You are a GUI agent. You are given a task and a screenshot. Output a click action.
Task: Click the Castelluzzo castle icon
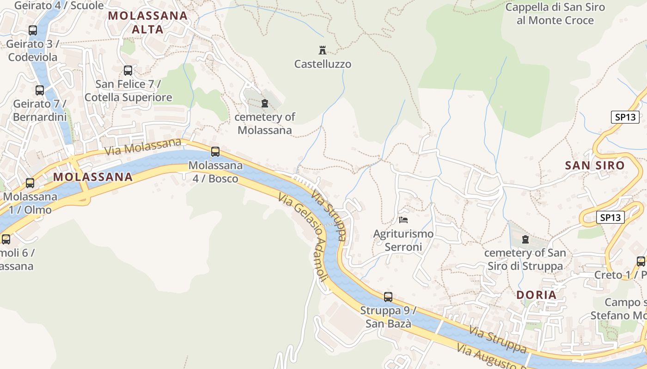[323, 50]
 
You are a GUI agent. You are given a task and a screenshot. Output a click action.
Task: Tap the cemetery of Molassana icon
[265, 103]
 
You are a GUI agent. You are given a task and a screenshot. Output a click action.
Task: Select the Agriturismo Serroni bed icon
[403, 220]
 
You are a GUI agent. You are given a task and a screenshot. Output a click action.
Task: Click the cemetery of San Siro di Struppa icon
[525, 239]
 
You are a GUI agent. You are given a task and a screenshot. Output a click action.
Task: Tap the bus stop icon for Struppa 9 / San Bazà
[388, 297]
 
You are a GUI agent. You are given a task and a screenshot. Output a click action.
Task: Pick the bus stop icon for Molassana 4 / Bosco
[215, 151]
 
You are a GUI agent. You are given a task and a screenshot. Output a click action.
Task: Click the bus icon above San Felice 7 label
[128, 71]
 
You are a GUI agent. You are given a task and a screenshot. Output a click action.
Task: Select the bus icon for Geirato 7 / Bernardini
[40, 90]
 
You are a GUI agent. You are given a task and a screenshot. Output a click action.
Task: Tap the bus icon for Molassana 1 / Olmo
[30, 183]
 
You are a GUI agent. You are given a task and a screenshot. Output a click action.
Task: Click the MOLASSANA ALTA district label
[148, 23]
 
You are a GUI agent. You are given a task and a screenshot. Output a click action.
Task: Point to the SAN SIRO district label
[595, 165]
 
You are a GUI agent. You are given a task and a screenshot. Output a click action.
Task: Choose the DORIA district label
[536, 295]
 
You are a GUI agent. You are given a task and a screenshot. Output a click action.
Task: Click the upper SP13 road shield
[625, 117]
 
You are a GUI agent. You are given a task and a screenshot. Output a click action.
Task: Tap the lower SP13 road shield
[610, 217]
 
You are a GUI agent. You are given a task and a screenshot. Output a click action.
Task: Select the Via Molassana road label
[143, 147]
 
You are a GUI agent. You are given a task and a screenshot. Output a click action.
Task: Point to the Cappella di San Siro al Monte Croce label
[549, 14]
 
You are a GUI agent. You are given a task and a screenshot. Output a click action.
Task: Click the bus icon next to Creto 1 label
[641, 261]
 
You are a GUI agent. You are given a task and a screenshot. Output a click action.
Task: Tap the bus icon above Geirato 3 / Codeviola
[33, 30]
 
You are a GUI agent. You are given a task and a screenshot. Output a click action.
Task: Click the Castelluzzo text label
[323, 64]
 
